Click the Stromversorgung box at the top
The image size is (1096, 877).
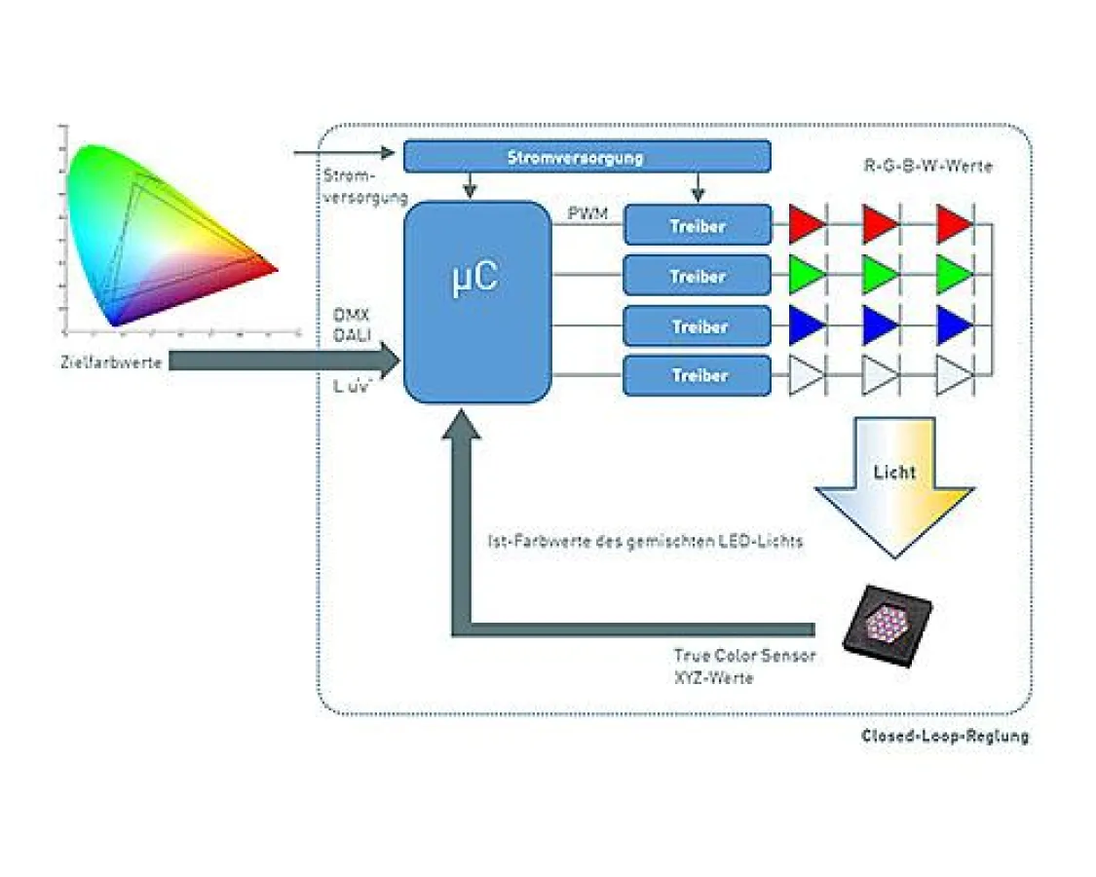click(586, 157)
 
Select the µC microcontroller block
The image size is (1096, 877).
click(476, 302)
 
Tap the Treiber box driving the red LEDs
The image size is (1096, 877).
click(697, 225)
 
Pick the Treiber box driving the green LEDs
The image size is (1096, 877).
click(697, 276)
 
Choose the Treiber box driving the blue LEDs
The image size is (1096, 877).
click(697, 326)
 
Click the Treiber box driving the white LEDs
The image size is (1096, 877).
click(697, 375)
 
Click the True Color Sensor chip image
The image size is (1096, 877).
click(887, 624)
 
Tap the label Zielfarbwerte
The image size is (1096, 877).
click(110, 363)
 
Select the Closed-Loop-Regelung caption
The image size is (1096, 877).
click(944, 737)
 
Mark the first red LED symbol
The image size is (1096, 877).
click(808, 224)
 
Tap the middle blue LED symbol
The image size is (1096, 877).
click(880, 325)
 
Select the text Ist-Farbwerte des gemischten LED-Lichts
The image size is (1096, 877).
click(644, 541)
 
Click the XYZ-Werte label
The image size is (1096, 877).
click(713, 676)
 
